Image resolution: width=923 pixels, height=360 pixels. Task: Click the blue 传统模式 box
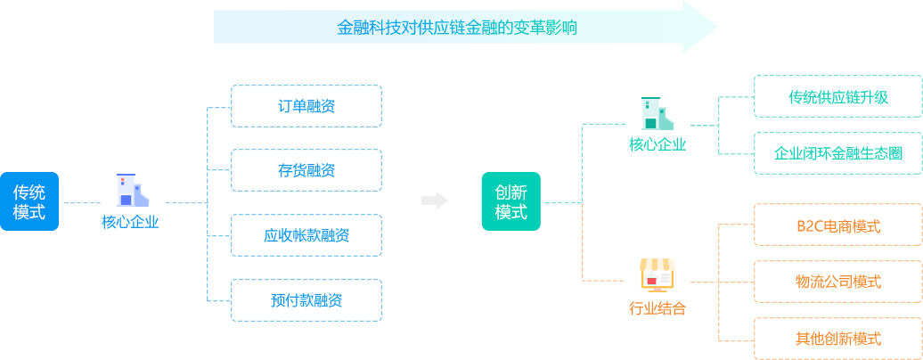point(29,201)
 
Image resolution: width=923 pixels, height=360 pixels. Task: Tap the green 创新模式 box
point(511,201)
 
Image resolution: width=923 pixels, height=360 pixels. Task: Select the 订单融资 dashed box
point(306,106)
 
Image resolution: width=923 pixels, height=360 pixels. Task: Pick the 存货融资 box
point(306,170)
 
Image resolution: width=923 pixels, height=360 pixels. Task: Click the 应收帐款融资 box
point(306,235)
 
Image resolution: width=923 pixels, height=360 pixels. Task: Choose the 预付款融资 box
point(306,300)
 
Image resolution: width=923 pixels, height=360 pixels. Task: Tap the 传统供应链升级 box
point(837,96)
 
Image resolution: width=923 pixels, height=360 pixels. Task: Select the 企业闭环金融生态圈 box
point(837,153)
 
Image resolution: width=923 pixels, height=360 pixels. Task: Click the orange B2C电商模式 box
point(837,225)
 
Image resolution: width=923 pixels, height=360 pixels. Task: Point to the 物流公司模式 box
point(837,282)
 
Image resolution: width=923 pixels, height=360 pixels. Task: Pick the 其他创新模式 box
point(837,339)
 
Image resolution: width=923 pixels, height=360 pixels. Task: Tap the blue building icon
point(130,191)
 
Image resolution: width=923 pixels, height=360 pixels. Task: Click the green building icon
point(657,113)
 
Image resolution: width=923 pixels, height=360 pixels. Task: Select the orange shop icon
point(657,275)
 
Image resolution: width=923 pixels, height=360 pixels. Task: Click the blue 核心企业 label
point(130,222)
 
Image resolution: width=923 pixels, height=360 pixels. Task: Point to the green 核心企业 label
point(657,143)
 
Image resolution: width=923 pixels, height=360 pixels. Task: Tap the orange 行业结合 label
point(657,308)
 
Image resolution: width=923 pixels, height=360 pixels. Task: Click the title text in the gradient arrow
point(456,28)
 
